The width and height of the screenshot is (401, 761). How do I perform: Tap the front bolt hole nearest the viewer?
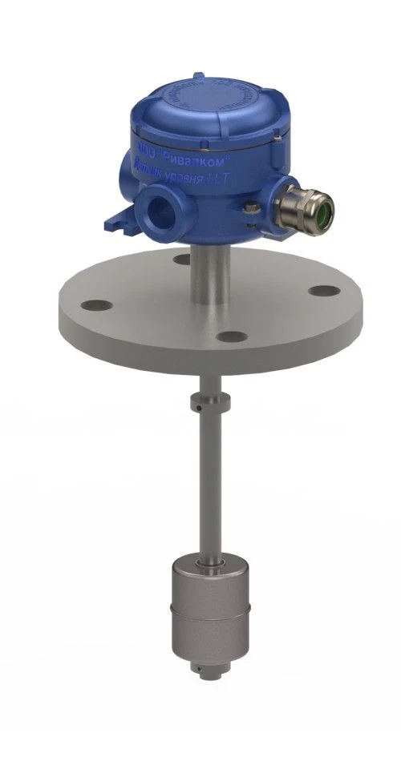tap(231, 337)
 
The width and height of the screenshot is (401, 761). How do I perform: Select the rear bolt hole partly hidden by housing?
tap(181, 258)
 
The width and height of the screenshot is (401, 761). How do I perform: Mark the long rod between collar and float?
tap(207, 481)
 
